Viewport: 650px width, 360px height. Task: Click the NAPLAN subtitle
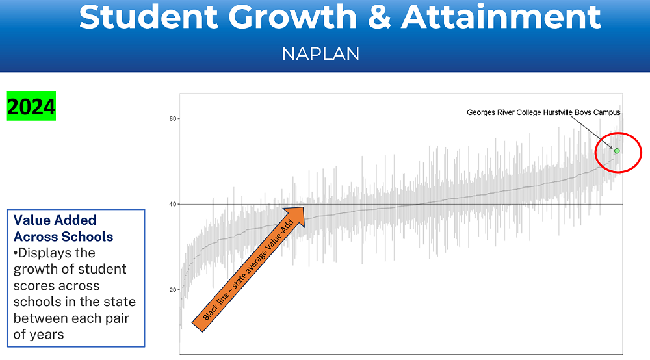click(x=320, y=53)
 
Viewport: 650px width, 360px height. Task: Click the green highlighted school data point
click(x=617, y=151)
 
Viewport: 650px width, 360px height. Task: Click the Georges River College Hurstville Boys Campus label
click(x=543, y=112)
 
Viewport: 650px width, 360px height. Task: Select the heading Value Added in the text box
click(x=55, y=220)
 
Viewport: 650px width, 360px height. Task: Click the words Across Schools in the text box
click(x=63, y=237)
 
